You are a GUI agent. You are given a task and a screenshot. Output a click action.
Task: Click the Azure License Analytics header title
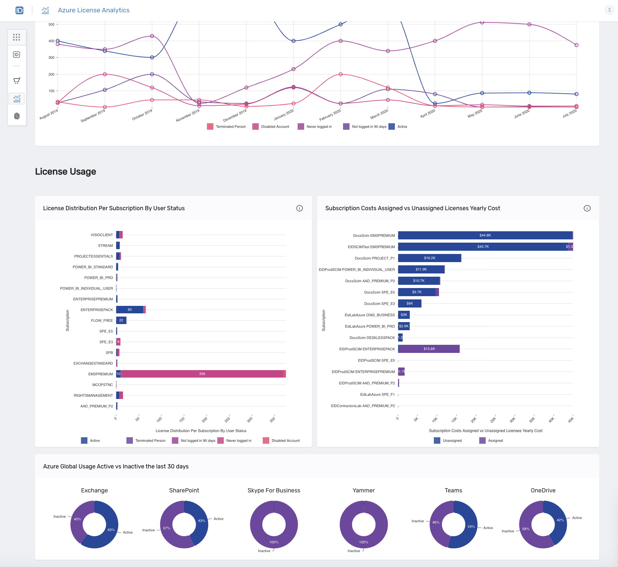93,10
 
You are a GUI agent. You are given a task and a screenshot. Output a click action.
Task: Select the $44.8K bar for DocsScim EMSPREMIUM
485,235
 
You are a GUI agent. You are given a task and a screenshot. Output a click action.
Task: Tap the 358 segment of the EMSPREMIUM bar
202,374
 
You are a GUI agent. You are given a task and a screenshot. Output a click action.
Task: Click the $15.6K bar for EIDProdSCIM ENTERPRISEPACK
429,349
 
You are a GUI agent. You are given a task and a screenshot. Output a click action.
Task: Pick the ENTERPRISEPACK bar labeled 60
130,309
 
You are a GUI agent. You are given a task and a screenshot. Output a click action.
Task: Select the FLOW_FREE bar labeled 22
121,320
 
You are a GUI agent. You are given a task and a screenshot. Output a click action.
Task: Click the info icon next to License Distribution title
299,208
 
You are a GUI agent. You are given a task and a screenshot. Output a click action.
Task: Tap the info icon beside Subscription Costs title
587,208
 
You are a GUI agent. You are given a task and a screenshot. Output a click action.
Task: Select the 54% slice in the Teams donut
469,529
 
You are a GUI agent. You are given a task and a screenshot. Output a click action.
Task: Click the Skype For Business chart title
274,490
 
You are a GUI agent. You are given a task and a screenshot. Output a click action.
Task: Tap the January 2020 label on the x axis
284,115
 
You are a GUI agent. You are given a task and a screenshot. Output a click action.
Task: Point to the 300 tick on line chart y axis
51,57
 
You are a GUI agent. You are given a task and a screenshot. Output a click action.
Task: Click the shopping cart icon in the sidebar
17,80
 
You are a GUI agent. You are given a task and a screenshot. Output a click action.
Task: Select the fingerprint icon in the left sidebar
17,116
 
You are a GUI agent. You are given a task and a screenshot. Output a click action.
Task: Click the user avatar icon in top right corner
609,10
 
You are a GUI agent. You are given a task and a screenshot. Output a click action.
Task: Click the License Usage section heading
65,171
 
